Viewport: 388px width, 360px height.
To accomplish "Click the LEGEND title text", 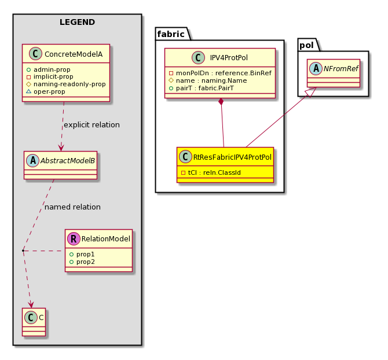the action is tap(77, 22).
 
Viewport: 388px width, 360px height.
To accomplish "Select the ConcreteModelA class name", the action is tap(74, 54).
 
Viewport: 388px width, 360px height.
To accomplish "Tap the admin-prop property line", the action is tap(48, 69).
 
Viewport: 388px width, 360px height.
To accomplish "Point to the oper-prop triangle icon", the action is tap(29, 91).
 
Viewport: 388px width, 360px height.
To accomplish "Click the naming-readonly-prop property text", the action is tap(69, 84).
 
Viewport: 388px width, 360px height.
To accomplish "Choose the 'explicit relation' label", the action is tap(92, 125).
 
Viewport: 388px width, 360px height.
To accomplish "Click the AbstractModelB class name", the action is tap(68, 161).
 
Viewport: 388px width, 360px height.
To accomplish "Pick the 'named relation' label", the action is tap(72, 207).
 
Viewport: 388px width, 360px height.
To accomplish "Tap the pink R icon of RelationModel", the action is tap(74, 238).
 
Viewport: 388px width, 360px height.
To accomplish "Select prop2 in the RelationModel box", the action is tap(85, 262).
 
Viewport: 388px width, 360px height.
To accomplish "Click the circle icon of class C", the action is tap(31, 318).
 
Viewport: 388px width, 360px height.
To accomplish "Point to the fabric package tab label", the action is tap(171, 34).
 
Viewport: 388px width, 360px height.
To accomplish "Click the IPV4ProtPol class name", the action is tap(229, 58).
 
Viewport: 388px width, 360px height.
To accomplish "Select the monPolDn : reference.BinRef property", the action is tap(224, 73).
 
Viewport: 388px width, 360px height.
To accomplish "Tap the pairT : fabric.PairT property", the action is tap(205, 89).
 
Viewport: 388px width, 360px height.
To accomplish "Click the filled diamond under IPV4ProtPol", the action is tap(221, 102).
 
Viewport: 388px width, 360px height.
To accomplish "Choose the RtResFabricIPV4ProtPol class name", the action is tap(232, 157).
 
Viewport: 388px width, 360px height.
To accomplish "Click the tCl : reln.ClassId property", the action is tap(214, 172).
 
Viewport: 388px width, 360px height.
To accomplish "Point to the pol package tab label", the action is tap(306, 45).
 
